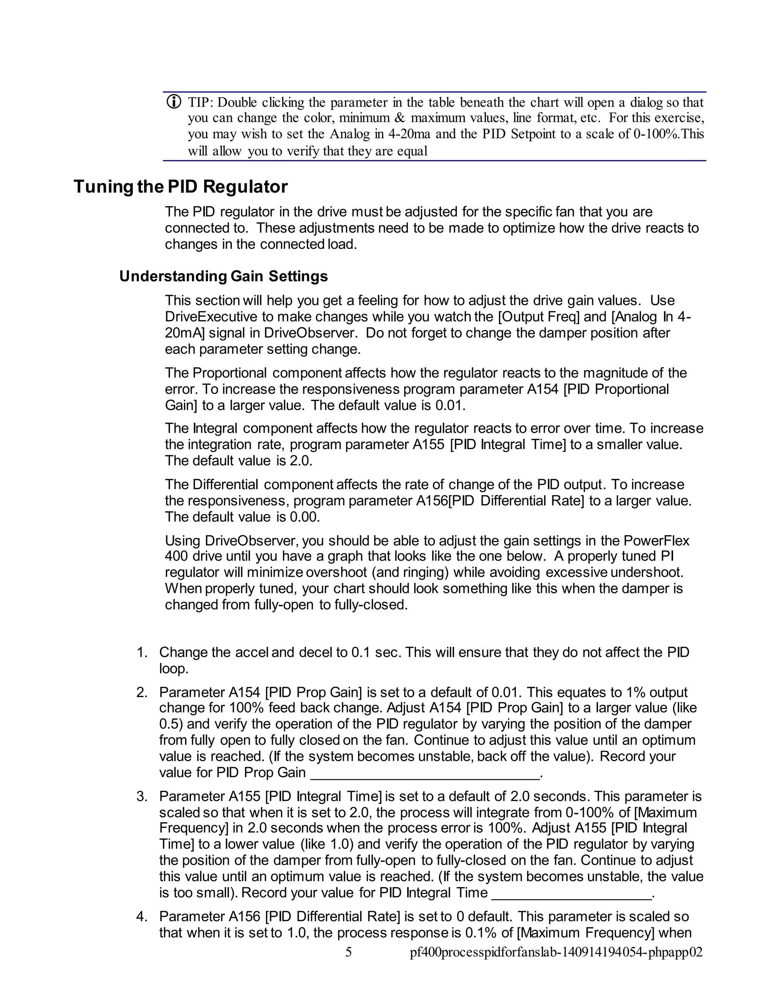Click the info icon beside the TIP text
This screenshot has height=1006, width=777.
click(x=173, y=102)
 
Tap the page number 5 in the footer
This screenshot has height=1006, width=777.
click(x=348, y=952)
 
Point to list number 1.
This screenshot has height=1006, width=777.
click(x=142, y=653)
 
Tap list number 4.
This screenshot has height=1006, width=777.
click(x=142, y=917)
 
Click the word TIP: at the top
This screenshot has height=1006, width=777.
click(x=199, y=102)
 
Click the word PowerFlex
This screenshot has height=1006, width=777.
click(x=656, y=540)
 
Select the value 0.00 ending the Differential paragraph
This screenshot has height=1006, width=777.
click(x=304, y=517)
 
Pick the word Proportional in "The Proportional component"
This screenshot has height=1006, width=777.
click(x=229, y=373)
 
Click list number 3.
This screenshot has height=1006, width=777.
click(x=142, y=796)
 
